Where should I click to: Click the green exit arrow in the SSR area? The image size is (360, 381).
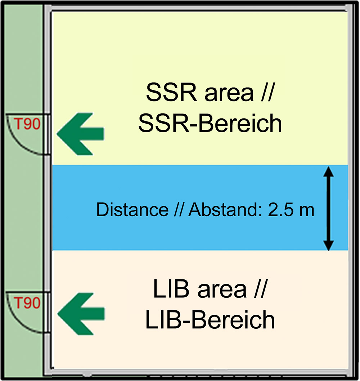(80, 134)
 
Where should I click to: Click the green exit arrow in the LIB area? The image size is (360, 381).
(81, 314)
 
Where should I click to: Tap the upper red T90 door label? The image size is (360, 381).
(27, 124)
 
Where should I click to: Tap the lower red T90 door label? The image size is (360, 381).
(27, 303)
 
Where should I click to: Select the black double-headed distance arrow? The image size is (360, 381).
(329, 208)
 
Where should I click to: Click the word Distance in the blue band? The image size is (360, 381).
(132, 209)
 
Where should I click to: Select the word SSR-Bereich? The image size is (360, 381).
(210, 123)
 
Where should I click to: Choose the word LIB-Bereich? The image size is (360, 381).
(210, 319)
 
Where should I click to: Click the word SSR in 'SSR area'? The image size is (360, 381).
(172, 93)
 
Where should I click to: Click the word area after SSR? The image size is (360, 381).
(229, 95)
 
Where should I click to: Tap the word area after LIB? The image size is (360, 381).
(222, 291)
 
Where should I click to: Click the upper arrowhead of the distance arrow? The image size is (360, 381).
(329, 172)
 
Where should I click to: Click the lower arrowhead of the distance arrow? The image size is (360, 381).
(329, 246)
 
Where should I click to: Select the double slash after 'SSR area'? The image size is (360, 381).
(267, 93)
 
